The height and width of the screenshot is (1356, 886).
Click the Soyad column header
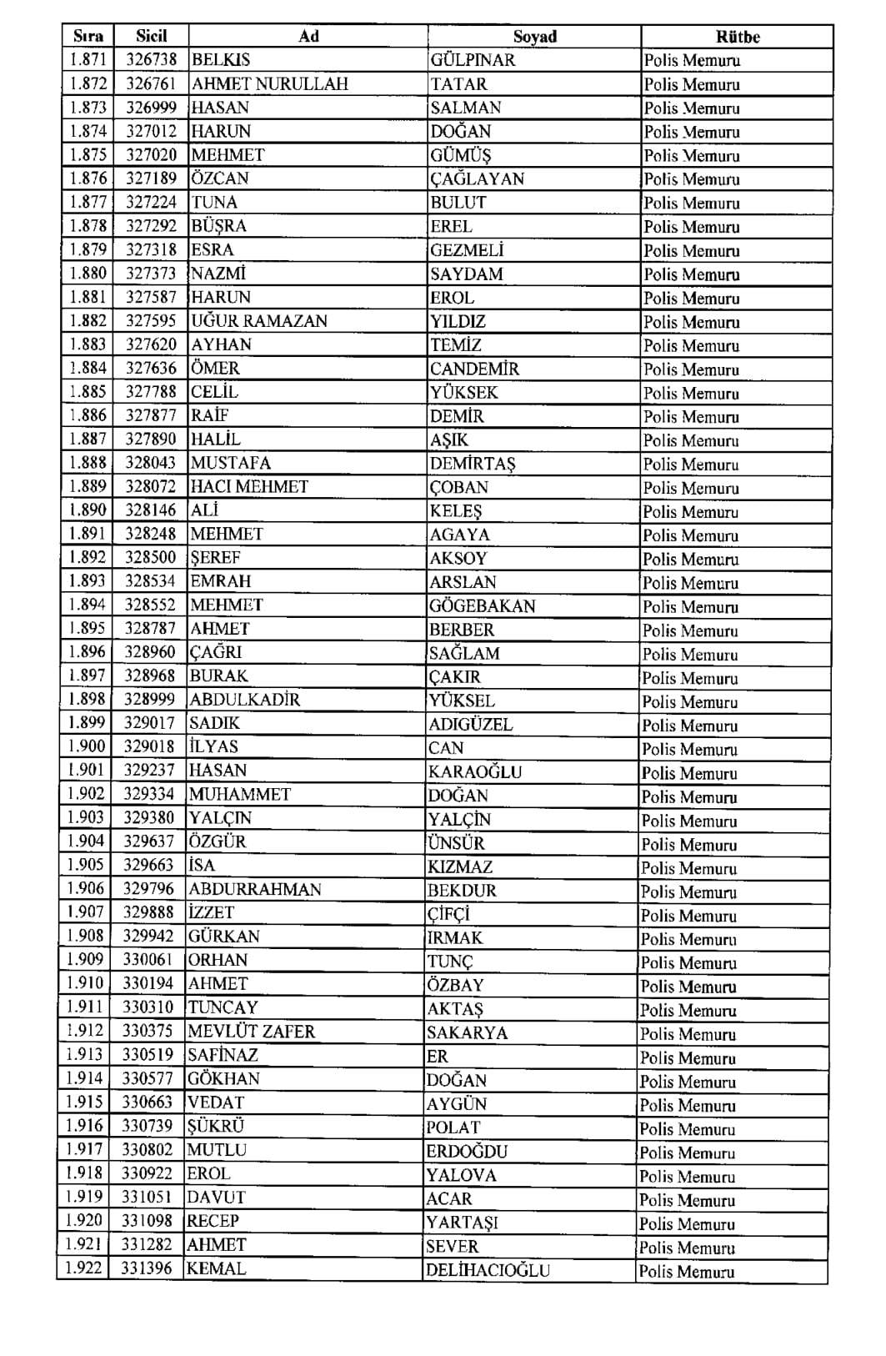point(534,37)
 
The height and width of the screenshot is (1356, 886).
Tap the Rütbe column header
point(738,37)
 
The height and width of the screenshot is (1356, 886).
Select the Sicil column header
point(152,36)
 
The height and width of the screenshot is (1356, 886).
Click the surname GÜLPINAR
point(473,60)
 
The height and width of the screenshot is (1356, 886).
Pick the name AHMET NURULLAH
point(270,83)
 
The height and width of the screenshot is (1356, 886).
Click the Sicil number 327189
point(152,178)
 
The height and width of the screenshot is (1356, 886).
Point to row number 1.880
point(88,273)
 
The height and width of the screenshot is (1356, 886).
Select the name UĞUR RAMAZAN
point(259,321)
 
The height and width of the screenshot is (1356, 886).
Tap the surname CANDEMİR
point(474,369)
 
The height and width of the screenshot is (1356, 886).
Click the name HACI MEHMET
point(249,487)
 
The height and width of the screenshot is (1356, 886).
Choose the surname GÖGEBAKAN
point(482,605)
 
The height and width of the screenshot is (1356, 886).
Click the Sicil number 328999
point(150,700)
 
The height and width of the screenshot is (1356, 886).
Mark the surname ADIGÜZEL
point(470,724)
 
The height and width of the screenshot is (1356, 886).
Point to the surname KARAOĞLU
point(474,771)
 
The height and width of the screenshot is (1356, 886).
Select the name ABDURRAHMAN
point(254,889)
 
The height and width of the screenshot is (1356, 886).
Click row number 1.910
point(85,983)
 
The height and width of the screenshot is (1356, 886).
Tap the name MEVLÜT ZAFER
point(251,1032)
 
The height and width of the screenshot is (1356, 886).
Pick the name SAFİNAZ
point(223,1055)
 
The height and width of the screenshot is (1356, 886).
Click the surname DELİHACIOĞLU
point(488,1270)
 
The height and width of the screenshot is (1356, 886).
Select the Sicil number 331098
point(148,1221)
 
